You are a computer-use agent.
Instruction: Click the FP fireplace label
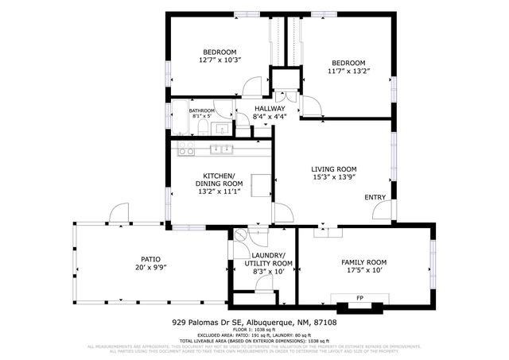359,298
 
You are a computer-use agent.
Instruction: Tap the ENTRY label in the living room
375,197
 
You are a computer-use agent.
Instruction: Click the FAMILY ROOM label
363,262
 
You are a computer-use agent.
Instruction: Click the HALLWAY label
270,109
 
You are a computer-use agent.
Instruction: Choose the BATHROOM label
201,110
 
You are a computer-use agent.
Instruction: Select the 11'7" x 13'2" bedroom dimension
348,72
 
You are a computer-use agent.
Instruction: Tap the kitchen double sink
221,149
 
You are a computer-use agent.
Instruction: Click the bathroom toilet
203,128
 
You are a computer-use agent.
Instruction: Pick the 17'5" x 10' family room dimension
363,271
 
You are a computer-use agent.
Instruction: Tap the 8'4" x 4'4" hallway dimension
269,118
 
